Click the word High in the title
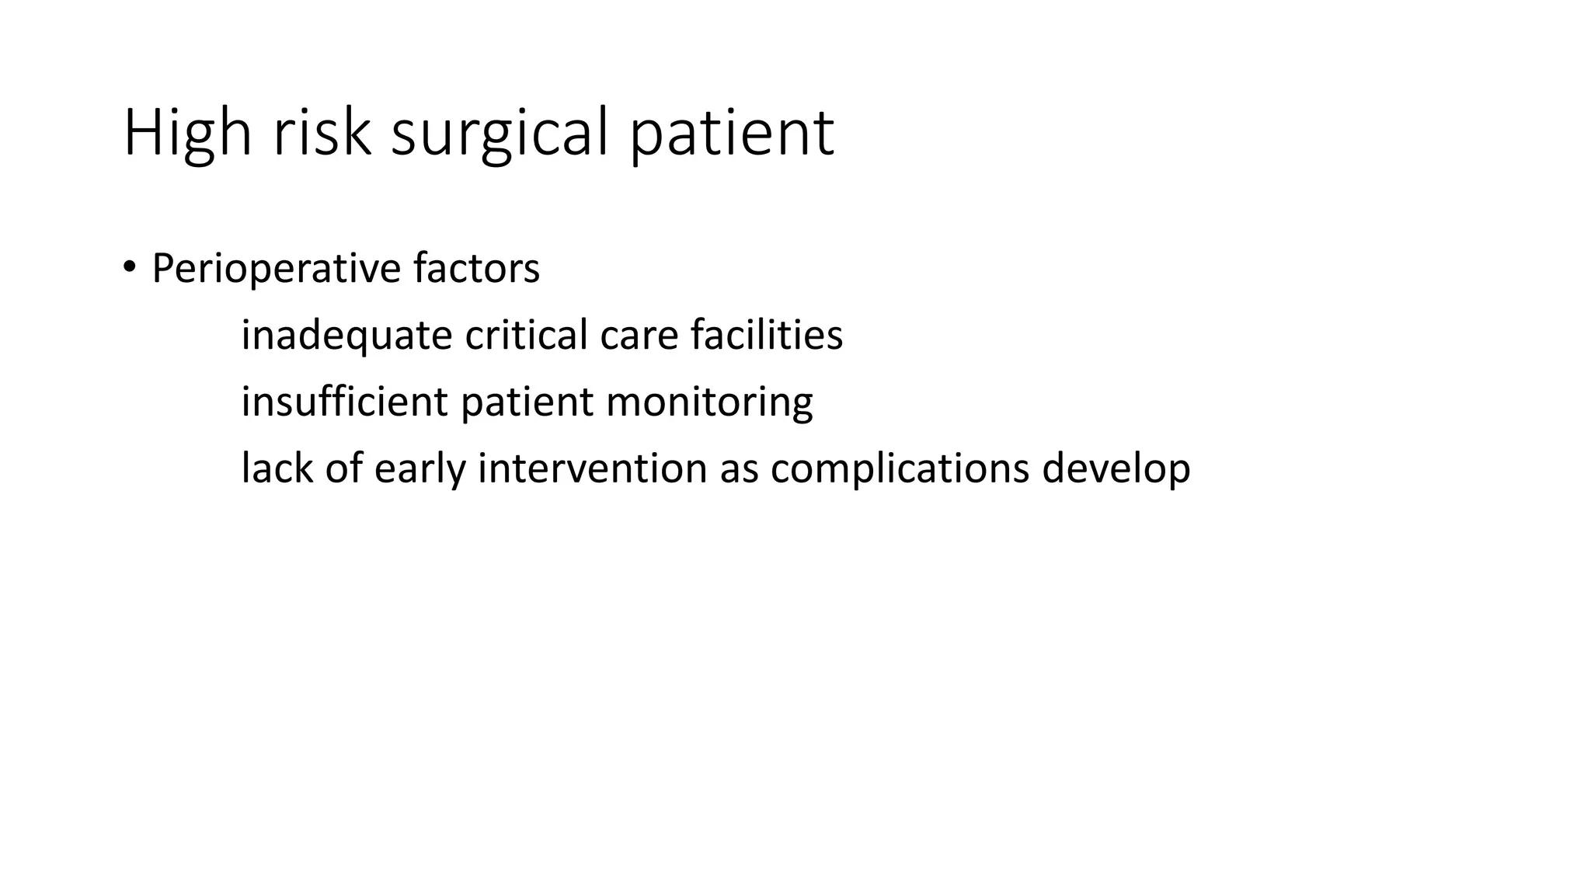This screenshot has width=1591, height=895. coord(187,134)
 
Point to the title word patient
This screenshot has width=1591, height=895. coord(731,134)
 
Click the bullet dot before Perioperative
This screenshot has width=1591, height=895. coord(129,268)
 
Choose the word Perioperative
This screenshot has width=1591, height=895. coord(276,269)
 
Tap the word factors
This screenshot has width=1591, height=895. coord(476,269)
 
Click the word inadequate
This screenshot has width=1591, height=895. coord(346,336)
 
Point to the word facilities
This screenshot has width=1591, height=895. coord(766,336)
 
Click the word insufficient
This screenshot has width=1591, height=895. coord(344,402)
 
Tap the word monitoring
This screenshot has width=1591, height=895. coord(709,402)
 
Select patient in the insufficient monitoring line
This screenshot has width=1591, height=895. coord(527,402)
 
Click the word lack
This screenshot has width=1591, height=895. coord(276,468)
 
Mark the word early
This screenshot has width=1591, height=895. coord(420,468)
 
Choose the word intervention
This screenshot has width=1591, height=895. coord(592,468)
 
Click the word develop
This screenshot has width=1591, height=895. coord(1116,468)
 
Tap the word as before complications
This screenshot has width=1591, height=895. coord(739,468)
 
